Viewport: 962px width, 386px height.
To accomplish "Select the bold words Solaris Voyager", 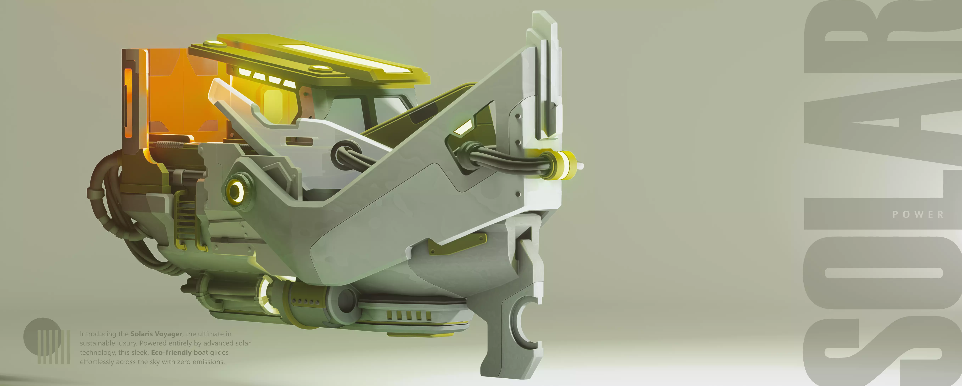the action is [156, 334].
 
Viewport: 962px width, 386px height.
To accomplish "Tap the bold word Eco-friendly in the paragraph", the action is [171, 352].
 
